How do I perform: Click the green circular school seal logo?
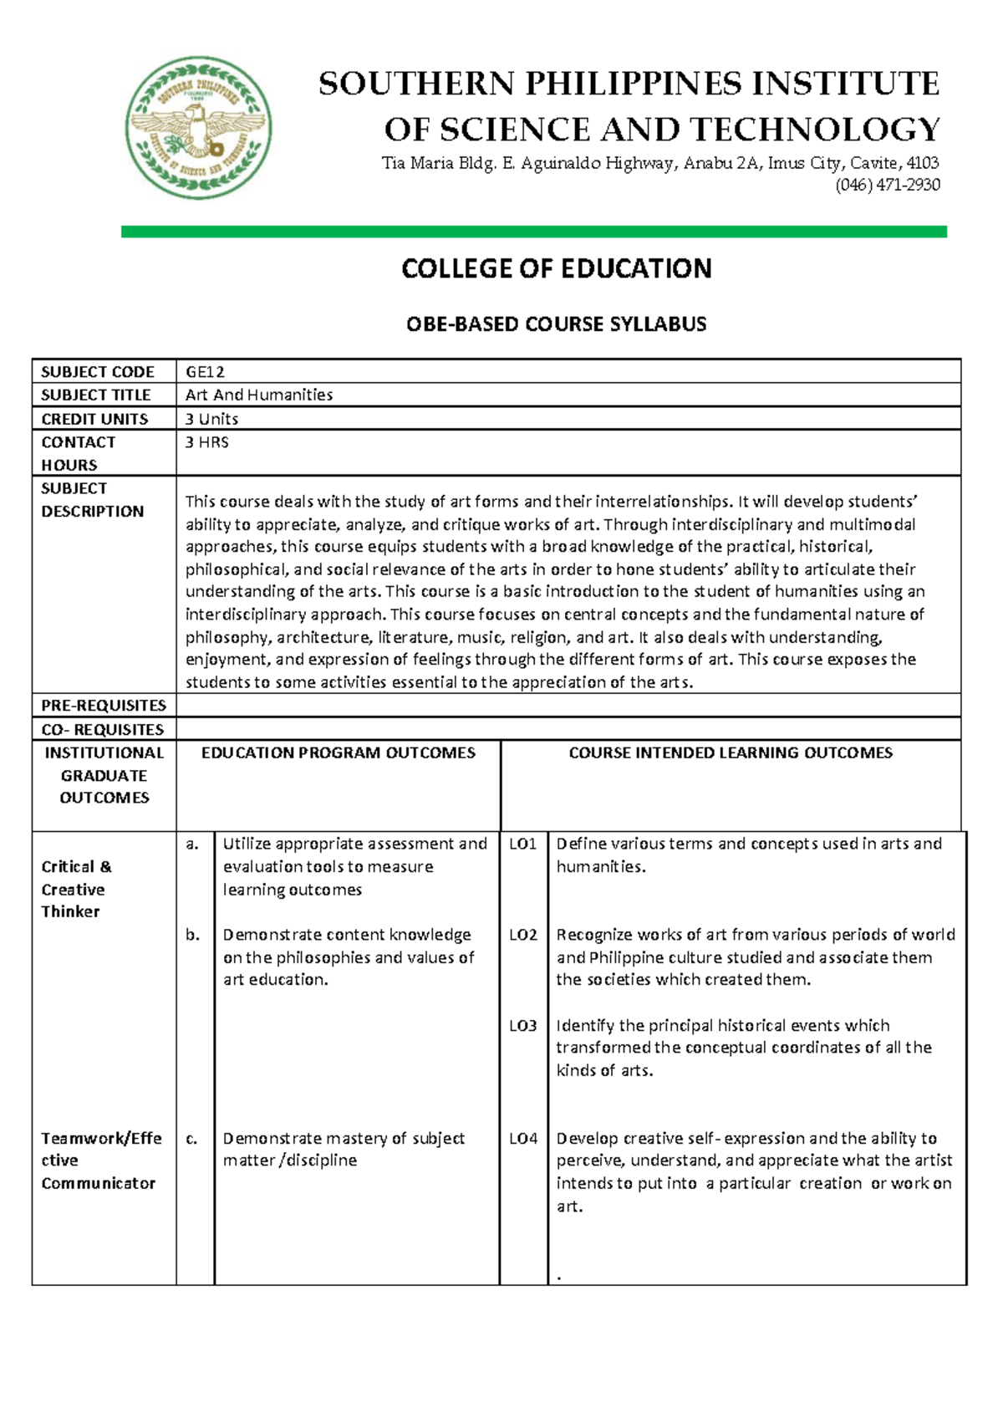198,128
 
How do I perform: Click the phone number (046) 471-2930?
887,185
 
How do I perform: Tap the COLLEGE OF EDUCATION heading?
556,268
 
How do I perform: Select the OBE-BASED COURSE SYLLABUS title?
556,324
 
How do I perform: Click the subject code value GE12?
205,372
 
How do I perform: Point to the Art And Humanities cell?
259,395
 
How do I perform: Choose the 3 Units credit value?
212,419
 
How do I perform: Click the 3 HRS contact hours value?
207,442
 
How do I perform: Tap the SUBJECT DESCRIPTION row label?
92,500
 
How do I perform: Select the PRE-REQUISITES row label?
104,706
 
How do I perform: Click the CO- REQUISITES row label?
103,730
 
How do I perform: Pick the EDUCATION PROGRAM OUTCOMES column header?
339,753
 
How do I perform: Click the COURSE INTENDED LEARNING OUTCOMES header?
731,753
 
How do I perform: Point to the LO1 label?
523,844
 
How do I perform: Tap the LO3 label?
523,1026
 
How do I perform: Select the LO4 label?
523,1139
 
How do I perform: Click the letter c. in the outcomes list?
192,1139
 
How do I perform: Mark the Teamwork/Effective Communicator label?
100,1160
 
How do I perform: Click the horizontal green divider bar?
533,232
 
